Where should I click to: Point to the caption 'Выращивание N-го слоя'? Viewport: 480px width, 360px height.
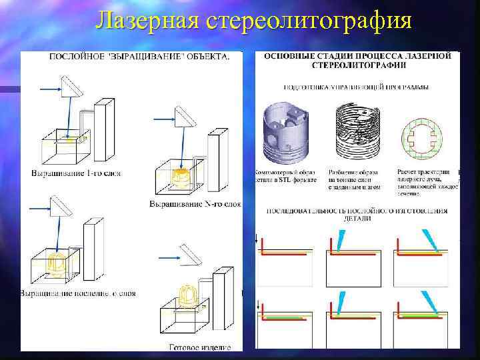click(194, 203)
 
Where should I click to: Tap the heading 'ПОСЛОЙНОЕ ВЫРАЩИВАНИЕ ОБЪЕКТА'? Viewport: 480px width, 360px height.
click(139, 57)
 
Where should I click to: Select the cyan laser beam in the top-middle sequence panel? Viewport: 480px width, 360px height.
click(341, 240)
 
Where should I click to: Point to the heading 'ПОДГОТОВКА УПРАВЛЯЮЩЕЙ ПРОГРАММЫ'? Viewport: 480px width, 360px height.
click(356, 87)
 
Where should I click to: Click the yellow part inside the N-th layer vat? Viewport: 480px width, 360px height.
click(179, 177)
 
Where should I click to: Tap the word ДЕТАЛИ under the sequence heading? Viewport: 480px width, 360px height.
click(357, 219)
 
